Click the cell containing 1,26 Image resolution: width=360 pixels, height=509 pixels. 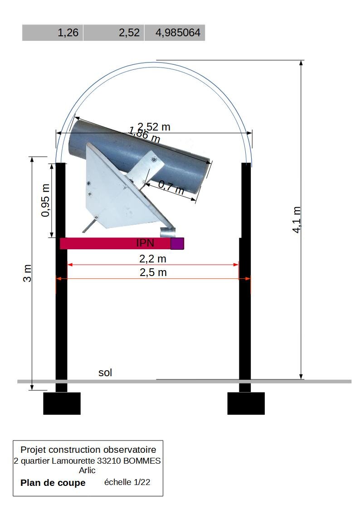pyautogui.click(x=53, y=33)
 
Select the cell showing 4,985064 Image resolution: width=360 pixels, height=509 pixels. pyautogui.click(x=175, y=33)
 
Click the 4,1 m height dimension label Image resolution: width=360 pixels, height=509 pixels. pyautogui.click(x=297, y=220)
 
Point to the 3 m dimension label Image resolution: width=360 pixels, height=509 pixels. pyautogui.click(x=28, y=273)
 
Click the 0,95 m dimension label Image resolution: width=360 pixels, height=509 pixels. pyautogui.click(x=46, y=200)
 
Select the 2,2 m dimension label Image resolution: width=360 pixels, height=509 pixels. pyautogui.click(x=153, y=259)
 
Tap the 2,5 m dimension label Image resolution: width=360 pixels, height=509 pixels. pyautogui.click(x=153, y=272)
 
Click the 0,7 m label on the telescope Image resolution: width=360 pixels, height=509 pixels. pyautogui.click(x=171, y=187)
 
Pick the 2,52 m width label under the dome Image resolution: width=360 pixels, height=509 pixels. pyautogui.click(x=154, y=126)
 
